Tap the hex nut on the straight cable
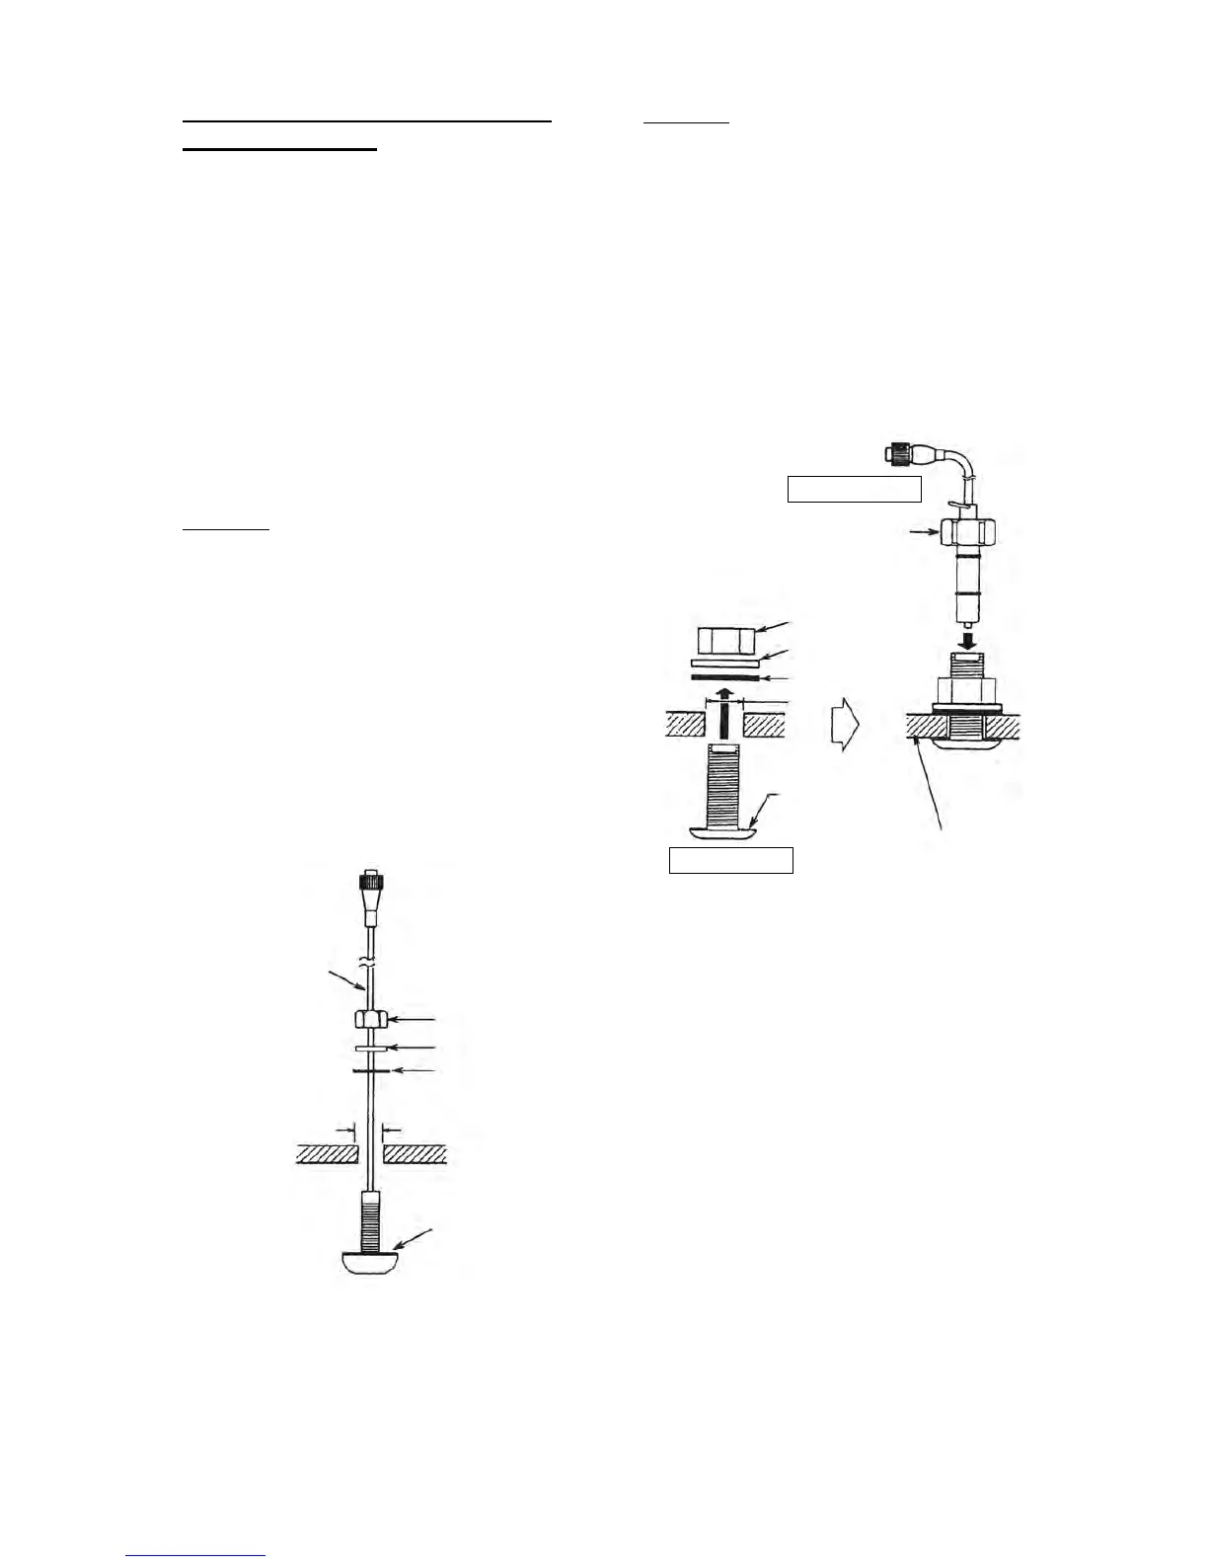[x=367, y=1019]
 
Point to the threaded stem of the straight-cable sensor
[x=368, y=1220]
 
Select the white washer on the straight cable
[x=367, y=1047]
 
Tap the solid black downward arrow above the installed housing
[x=970, y=640]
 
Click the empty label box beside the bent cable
[x=854, y=489]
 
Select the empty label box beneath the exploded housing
[x=731, y=860]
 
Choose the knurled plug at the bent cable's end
[x=899, y=456]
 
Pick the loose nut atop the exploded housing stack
[x=726, y=642]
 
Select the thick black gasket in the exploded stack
[x=726, y=678]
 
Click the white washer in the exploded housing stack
[x=726, y=665]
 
